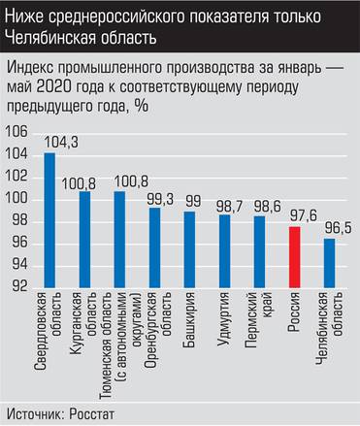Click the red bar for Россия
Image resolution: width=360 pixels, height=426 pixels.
[295, 257]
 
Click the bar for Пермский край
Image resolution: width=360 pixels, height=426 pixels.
[259, 251]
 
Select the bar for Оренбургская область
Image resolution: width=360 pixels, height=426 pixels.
[154, 247]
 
